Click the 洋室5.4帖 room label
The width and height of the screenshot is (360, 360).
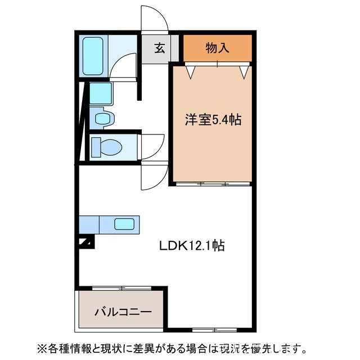213,120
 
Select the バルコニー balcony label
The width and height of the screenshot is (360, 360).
122,310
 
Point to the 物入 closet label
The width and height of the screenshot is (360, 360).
217,48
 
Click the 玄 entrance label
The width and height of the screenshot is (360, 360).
160,48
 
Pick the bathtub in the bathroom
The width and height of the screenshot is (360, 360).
93,56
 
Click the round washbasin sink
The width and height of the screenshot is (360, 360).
102,118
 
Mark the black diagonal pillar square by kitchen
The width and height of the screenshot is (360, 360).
87,242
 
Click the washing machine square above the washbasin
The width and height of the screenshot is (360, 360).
101,92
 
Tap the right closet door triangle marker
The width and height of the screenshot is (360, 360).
244,73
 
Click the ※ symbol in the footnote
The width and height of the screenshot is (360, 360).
42,347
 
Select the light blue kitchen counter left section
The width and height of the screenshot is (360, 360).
89,224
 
